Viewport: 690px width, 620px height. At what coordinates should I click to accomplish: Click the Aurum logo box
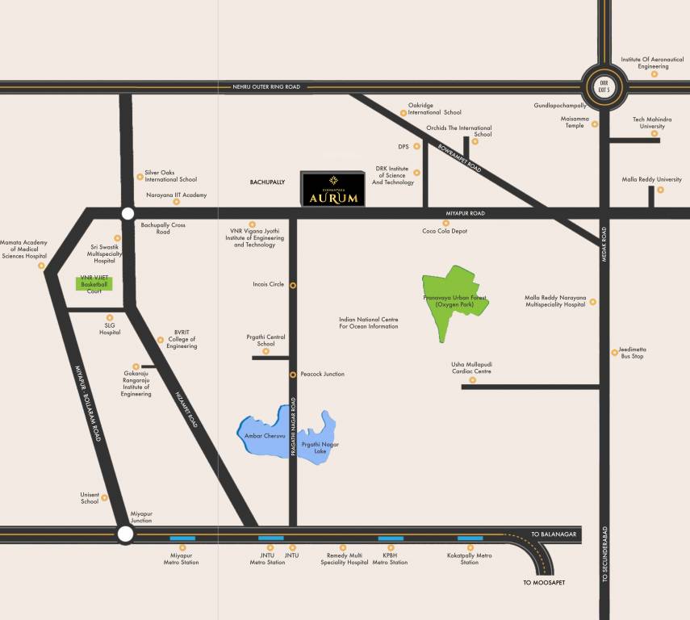332,189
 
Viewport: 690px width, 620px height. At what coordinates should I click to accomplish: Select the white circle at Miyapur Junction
125,534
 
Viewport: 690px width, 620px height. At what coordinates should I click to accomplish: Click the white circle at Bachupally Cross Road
127,213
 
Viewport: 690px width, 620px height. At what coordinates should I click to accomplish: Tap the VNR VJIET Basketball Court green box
94,283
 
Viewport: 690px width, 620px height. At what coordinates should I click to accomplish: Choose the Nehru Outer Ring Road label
266,86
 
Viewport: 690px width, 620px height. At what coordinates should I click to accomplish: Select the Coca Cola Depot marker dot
445,223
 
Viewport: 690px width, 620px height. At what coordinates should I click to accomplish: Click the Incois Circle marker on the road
293,285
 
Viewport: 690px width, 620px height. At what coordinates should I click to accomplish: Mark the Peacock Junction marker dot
293,375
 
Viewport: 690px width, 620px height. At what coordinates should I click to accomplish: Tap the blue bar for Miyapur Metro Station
182,538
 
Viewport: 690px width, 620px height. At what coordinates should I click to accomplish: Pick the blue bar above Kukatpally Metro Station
470,538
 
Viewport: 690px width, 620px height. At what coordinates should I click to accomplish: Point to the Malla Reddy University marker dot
660,190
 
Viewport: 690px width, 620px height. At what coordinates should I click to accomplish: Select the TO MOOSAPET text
549,582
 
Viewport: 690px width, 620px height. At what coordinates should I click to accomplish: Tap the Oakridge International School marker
404,114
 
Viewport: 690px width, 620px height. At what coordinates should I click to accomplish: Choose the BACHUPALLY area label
267,183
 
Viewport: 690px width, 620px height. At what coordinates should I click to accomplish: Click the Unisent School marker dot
105,500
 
